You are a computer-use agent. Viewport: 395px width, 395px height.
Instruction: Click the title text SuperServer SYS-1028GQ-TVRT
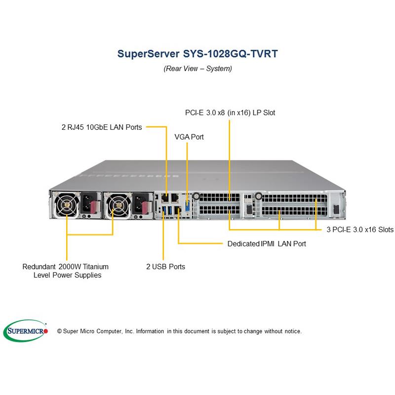click(x=197, y=54)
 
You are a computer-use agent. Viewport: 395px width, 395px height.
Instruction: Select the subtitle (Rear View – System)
click(x=197, y=69)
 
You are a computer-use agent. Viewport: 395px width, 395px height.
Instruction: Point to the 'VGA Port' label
click(x=189, y=137)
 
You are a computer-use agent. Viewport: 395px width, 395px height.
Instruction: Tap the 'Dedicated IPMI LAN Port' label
click(x=267, y=243)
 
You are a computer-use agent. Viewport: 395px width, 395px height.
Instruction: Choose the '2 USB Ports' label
click(x=165, y=267)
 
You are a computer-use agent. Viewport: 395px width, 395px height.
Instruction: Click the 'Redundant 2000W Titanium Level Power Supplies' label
click(x=66, y=271)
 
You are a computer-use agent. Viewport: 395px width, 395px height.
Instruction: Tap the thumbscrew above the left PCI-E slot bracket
click(x=196, y=196)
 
